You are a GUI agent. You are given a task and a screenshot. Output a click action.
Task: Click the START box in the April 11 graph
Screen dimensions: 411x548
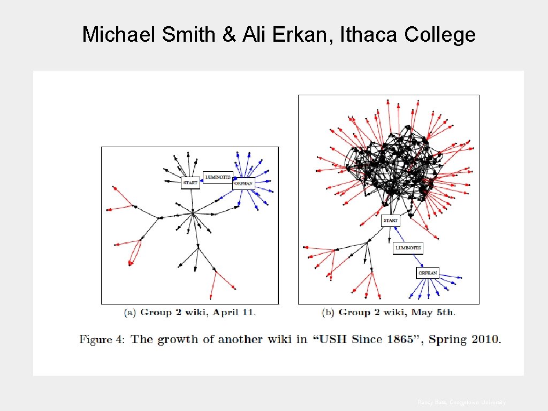click(190, 182)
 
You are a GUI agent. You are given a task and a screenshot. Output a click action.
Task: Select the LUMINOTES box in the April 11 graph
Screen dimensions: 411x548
click(218, 177)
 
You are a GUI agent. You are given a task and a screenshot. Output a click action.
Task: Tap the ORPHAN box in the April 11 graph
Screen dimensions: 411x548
click(243, 184)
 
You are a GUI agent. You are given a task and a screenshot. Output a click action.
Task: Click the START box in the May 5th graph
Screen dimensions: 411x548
click(391, 220)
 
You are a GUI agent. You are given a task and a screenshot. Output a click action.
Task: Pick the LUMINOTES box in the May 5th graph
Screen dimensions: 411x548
click(408, 248)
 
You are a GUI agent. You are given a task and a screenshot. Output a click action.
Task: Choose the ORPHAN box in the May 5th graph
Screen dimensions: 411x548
click(428, 273)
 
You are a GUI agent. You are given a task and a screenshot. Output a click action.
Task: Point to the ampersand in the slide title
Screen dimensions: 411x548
click(229, 35)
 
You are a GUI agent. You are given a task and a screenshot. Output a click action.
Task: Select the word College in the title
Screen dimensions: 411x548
click(440, 35)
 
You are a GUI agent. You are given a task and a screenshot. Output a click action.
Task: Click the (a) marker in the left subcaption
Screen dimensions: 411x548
click(130, 312)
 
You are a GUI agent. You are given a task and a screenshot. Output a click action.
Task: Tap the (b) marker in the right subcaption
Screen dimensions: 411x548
click(329, 312)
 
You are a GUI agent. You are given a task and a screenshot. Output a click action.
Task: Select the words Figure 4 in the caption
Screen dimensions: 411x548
click(102, 339)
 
